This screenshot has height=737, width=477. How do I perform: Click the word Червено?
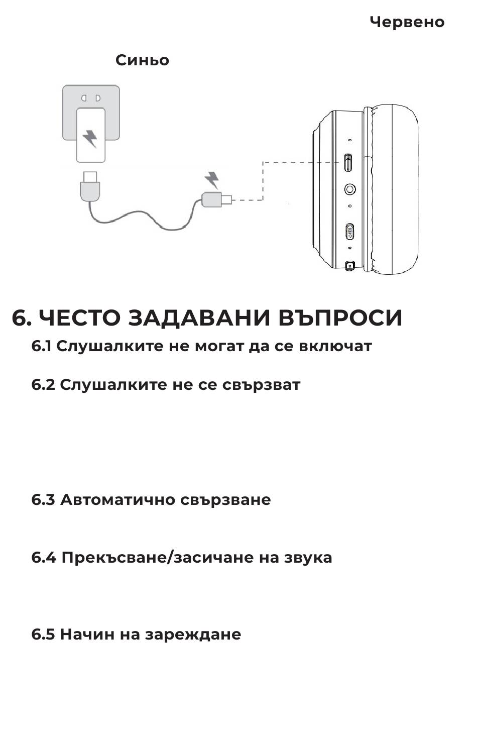[x=407, y=22]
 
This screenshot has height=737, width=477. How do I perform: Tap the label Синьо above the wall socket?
[x=142, y=60]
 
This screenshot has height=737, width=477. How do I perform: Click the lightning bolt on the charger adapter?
[x=90, y=138]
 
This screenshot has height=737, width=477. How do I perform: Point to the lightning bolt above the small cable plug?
[x=212, y=180]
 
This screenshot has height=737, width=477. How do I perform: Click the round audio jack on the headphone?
[x=350, y=189]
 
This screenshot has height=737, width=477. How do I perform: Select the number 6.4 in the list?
[x=44, y=558]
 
